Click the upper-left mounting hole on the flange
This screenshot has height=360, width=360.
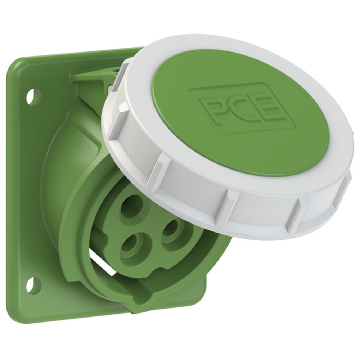[34, 97]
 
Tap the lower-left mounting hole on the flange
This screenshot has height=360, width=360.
[33, 285]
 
